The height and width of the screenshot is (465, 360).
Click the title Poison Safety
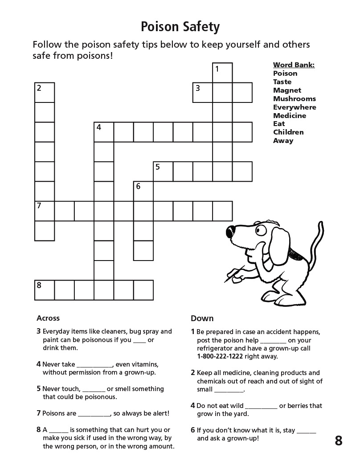pyautogui.click(x=180, y=27)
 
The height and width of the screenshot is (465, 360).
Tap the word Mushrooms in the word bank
pyautogui.click(x=294, y=99)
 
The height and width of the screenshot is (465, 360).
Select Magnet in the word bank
pyautogui.click(x=287, y=90)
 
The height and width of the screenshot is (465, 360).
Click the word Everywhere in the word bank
pyautogui.click(x=295, y=107)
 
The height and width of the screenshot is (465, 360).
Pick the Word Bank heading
pyautogui.click(x=294, y=65)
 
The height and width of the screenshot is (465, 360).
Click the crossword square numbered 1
pyautogui.click(x=222, y=73)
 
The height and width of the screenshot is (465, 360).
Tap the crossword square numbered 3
pyautogui.click(x=203, y=93)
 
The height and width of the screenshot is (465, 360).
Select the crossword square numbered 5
pyautogui.click(x=163, y=171)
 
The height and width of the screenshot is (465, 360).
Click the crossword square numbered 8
pyautogui.click(x=45, y=290)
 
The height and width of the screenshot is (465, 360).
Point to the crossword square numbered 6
pyautogui.click(x=143, y=191)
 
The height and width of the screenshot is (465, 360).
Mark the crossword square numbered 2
pyautogui.click(x=45, y=93)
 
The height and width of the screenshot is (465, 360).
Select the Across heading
pyautogui.click(x=48, y=318)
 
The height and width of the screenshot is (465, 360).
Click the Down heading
pyautogui.click(x=202, y=318)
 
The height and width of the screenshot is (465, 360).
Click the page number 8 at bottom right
pyautogui.click(x=339, y=441)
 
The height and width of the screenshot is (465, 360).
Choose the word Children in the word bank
pyautogui.click(x=288, y=132)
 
